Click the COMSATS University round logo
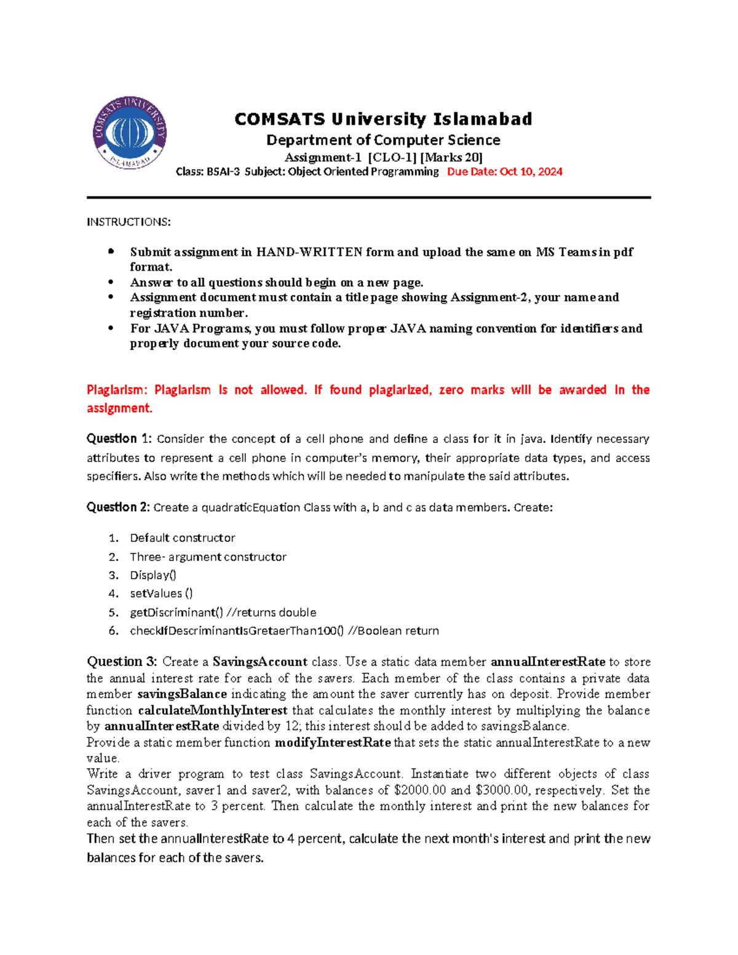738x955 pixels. (x=130, y=133)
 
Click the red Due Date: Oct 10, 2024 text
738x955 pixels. (x=504, y=172)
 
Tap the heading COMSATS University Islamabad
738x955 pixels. (x=383, y=119)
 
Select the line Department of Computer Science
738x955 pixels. (x=383, y=140)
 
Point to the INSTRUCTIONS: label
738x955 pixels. (x=129, y=221)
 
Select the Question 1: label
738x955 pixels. (x=119, y=438)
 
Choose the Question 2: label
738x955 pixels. (x=118, y=507)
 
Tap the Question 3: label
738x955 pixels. (x=122, y=662)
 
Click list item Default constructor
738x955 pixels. (x=182, y=537)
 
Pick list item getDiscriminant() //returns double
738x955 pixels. (x=223, y=612)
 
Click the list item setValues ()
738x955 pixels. (x=161, y=593)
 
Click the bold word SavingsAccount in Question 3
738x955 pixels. (x=260, y=662)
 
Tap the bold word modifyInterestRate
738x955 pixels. (x=332, y=742)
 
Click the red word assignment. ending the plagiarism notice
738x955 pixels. (x=119, y=408)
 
